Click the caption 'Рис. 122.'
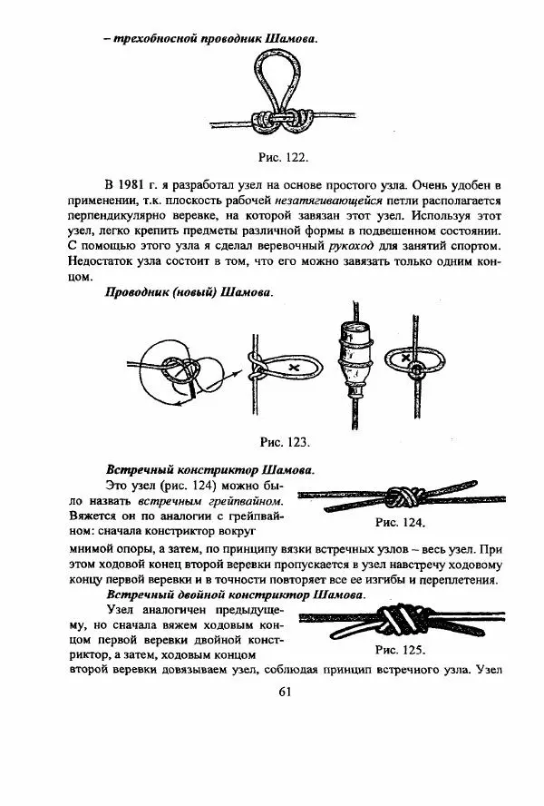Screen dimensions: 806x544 coord(285,156)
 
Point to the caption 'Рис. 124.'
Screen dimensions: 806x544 coord(399,523)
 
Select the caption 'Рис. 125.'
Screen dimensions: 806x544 coord(399,650)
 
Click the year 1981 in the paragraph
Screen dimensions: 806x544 coord(136,184)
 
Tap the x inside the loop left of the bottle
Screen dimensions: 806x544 coord(293,365)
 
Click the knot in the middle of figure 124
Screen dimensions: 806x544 coord(401,496)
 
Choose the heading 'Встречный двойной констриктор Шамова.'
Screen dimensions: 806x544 coord(237,595)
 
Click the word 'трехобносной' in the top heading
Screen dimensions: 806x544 coord(160,39)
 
